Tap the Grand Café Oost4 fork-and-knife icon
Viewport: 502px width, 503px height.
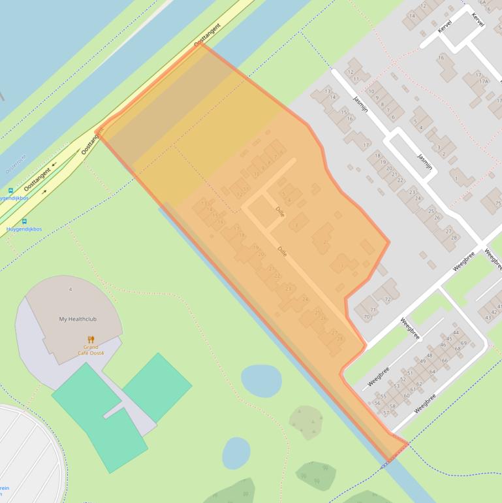pyautogui.click(x=91, y=339)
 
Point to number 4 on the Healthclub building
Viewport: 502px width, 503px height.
pyautogui.click(x=71, y=289)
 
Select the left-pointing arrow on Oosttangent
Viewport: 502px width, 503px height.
pyautogui.click(x=54, y=165)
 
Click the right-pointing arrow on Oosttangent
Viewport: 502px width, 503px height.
pyautogui.click(x=44, y=192)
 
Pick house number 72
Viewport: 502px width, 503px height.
pyautogui.click(x=388, y=299)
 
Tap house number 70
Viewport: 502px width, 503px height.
pyautogui.click(x=367, y=317)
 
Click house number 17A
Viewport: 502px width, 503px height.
pyautogui.click(x=484, y=81)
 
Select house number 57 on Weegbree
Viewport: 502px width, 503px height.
pyautogui.click(x=386, y=412)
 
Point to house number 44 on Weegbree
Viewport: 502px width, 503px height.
pyautogui.click(x=456, y=333)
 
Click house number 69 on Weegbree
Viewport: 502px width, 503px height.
pyautogui.click(x=463, y=343)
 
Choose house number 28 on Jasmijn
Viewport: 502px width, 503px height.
pyautogui.click(x=452, y=238)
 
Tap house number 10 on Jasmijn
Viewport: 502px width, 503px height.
pyautogui.click(x=371, y=91)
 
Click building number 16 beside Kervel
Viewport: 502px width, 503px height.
pyautogui.click(x=441, y=58)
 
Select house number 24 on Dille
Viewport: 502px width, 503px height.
pyautogui.click(x=304, y=299)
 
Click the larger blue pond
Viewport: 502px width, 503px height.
pyautogui.click(x=261, y=380)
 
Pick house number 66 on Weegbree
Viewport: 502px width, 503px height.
pyautogui.click(x=445, y=360)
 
